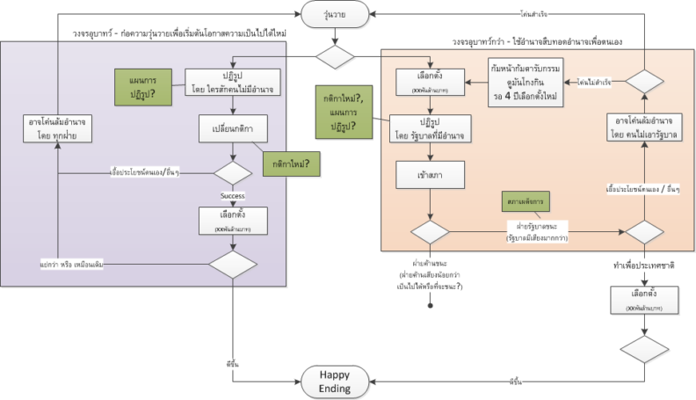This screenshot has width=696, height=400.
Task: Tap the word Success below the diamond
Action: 232,196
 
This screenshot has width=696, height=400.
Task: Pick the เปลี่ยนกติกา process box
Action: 232,130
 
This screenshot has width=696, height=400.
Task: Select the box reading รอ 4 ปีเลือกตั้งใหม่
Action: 528,84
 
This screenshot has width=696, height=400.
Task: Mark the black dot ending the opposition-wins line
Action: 431,307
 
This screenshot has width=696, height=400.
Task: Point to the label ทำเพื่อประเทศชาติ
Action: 647,264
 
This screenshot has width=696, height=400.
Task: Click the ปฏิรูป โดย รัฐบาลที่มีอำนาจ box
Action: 429,128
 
